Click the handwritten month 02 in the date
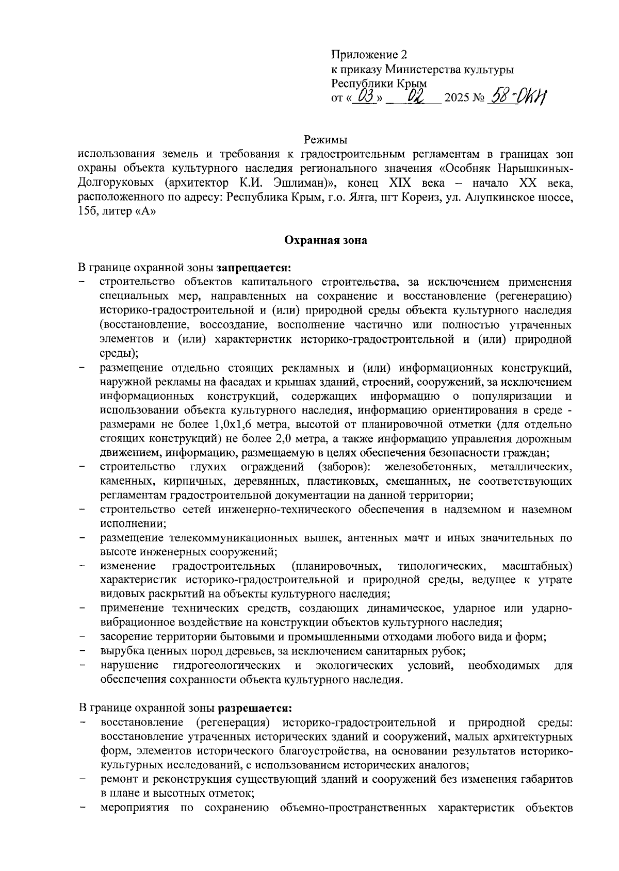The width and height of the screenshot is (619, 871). [416, 96]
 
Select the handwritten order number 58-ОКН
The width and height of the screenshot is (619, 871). [518, 95]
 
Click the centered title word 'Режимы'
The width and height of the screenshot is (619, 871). [325, 140]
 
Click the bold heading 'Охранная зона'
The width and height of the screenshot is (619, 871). [325, 240]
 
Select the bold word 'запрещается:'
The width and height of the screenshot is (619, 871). [254, 268]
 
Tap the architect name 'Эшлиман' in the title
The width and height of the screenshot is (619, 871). [300, 183]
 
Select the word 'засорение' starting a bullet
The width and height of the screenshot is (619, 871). [124, 637]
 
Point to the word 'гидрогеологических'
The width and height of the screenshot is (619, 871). [227, 666]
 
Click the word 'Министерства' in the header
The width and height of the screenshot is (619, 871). [417, 69]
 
